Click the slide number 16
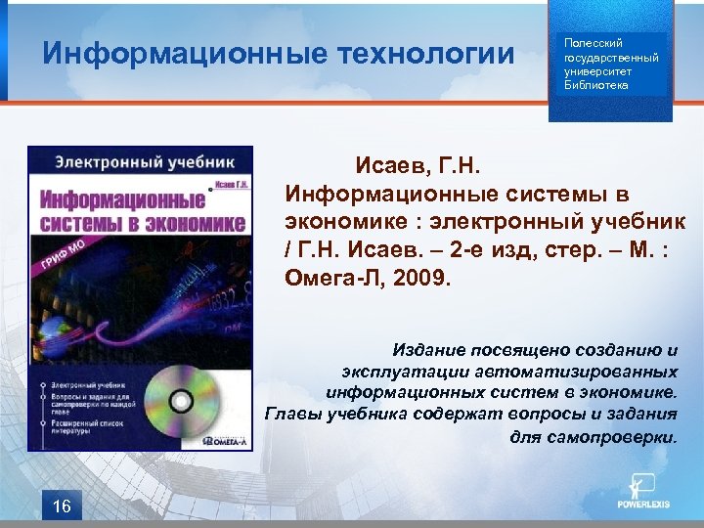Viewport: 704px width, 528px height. (x=62, y=506)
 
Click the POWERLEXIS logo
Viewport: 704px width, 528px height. (x=644, y=494)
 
